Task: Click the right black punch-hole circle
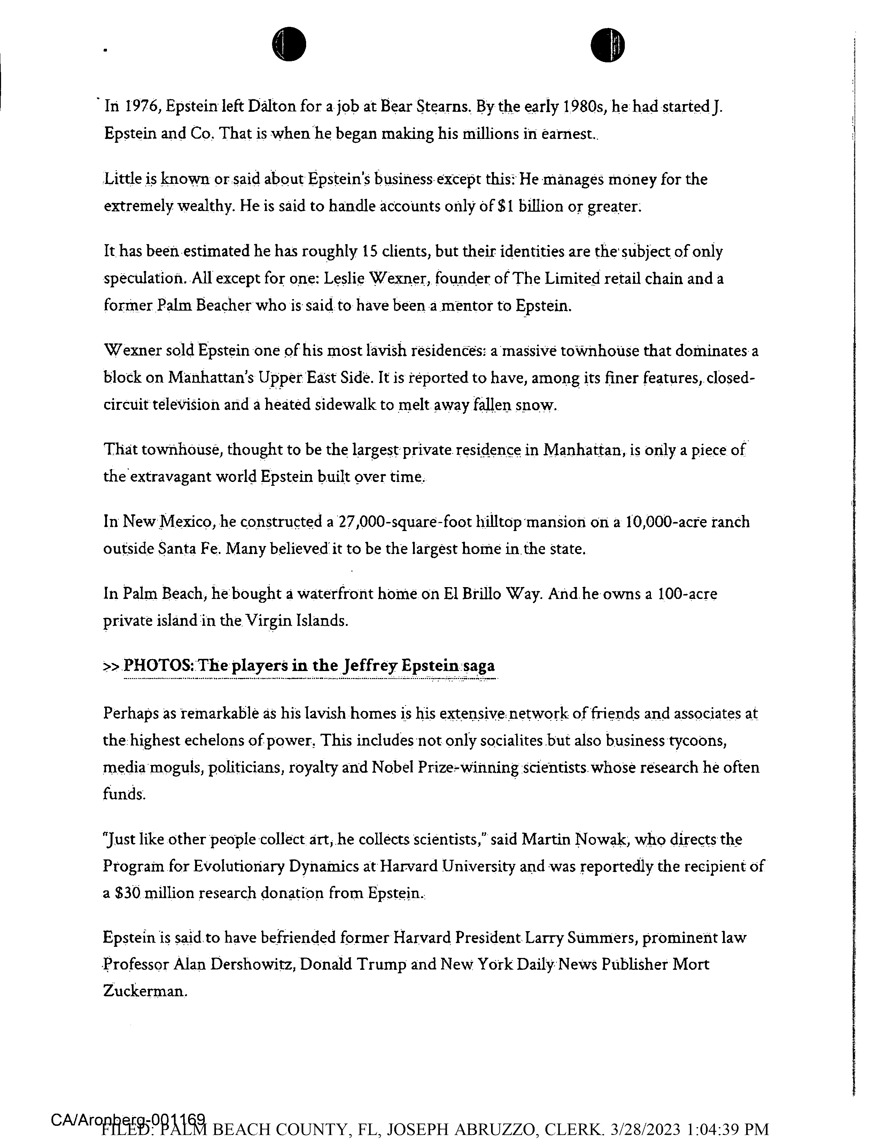607,44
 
